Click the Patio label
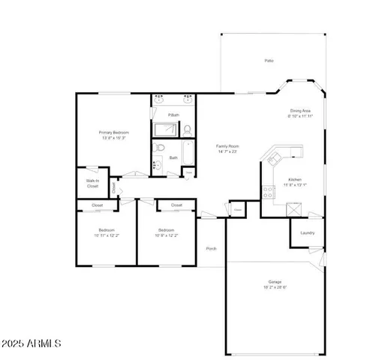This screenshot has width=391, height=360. point(268,60)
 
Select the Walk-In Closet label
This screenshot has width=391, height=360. point(92,183)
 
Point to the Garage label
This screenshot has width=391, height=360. point(275,281)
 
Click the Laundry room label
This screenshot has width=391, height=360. point(307,232)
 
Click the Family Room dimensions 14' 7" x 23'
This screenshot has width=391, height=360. point(227,151)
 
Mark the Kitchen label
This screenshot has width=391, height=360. point(294,180)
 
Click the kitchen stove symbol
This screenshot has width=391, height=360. point(268,190)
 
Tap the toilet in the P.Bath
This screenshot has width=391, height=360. point(187,129)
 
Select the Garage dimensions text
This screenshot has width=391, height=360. point(275,287)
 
